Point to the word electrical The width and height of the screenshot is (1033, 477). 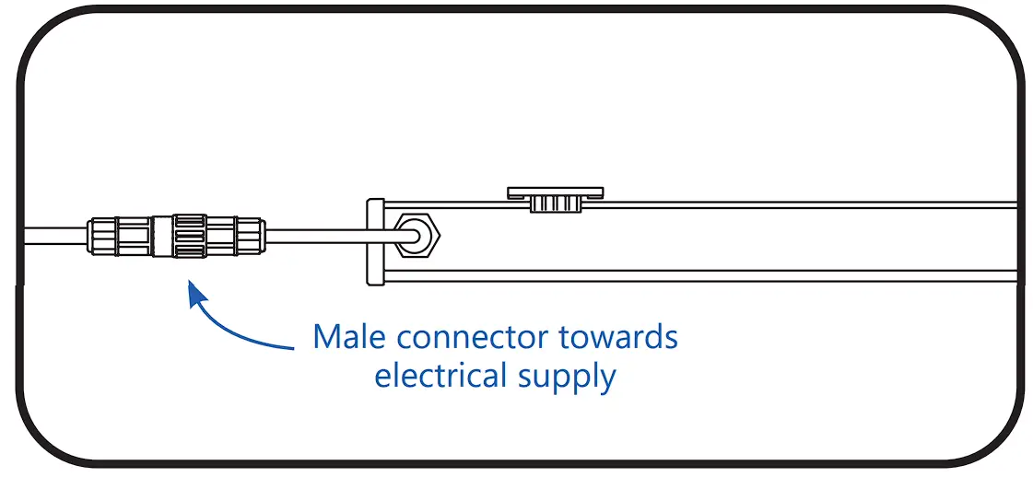[x=440, y=376]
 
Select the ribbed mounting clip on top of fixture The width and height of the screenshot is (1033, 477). [x=555, y=199]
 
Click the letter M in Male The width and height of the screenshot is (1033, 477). [x=327, y=337]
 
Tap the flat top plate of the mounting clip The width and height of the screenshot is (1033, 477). [x=555, y=192]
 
